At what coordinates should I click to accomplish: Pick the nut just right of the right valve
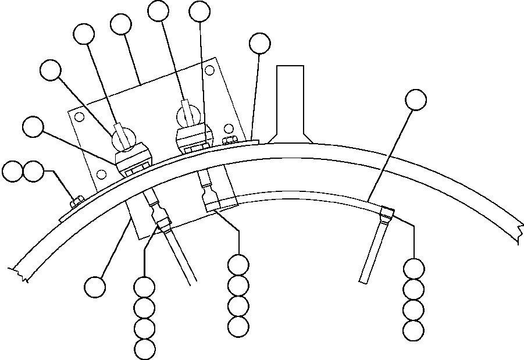tap(230, 140)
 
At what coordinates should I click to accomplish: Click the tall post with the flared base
tap(290, 102)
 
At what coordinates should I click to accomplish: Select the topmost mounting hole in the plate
tap(80, 116)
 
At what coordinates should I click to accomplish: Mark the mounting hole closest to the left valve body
tap(102, 174)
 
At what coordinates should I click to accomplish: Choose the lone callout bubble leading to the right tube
tap(415, 99)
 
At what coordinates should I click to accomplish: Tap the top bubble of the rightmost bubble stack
tap(414, 269)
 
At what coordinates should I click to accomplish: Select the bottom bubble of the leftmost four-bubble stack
tap(144, 349)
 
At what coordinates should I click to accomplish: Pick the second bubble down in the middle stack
tap(238, 286)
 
